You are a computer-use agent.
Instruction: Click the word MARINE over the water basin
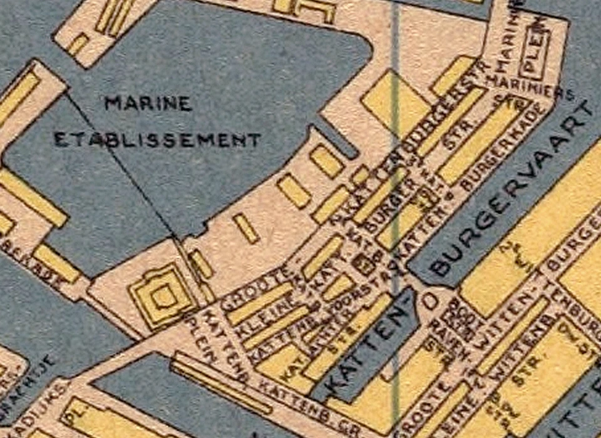click(148, 103)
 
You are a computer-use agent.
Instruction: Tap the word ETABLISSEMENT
click(157, 140)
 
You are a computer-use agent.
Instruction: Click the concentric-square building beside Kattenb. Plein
click(162, 295)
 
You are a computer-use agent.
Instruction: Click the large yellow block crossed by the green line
click(394, 100)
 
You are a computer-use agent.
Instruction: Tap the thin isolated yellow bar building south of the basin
click(246, 228)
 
